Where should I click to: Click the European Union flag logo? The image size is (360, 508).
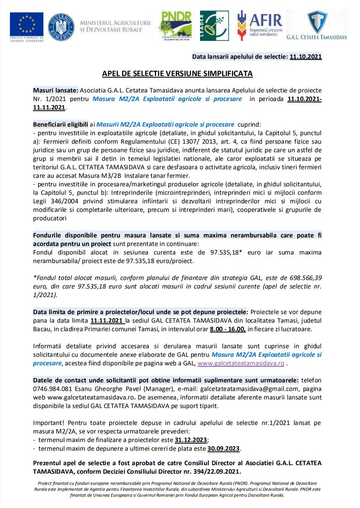(26, 24)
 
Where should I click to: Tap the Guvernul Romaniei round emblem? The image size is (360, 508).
(61, 26)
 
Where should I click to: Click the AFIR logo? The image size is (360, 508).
(260, 25)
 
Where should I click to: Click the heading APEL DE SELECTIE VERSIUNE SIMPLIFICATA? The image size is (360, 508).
(177, 74)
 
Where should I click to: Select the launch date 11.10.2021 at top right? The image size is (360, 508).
(305, 57)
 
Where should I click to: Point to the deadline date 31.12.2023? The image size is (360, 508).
(191, 440)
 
